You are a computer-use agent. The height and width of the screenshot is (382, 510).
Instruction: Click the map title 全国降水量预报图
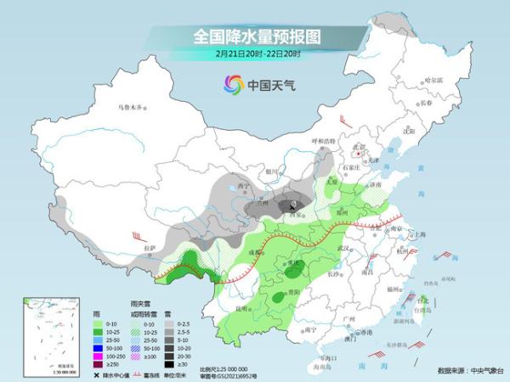[x=255, y=36]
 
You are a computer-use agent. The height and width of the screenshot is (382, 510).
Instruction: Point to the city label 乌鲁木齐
[x=131, y=107]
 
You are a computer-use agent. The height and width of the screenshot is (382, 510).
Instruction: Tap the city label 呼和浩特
[x=322, y=140]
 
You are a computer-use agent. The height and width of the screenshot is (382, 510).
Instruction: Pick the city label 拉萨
[x=150, y=247]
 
